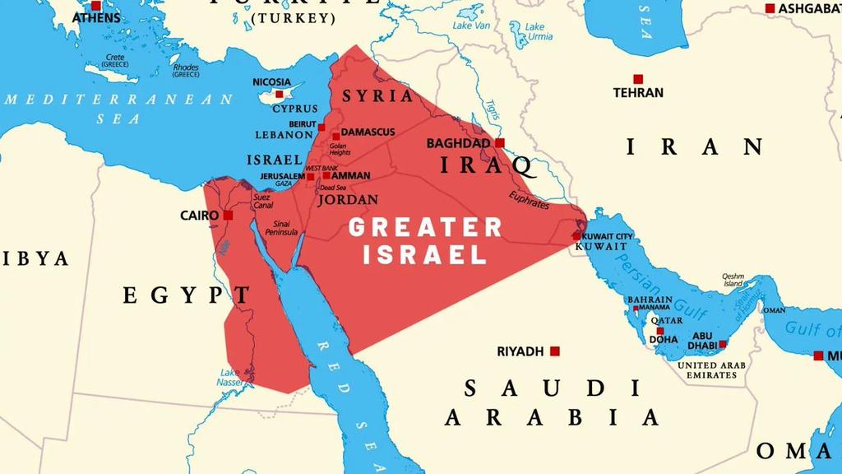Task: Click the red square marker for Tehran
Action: (638, 79)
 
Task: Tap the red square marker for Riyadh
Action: (555, 351)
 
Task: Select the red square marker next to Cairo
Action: (228, 216)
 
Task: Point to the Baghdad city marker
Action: (499, 143)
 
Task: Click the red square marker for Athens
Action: (96, 6)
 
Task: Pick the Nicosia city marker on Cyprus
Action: (280, 94)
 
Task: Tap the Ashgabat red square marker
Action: (770, 8)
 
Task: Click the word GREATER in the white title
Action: (425, 228)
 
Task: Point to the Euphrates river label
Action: (528, 202)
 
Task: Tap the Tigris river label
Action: (492, 110)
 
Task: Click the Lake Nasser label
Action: (229, 378)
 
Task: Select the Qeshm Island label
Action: (733, 280)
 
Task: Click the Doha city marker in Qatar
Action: (659, 331)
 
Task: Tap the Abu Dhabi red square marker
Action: (723, 344)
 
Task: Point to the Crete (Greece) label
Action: (115, 61)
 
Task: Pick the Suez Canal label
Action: (262, 201)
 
